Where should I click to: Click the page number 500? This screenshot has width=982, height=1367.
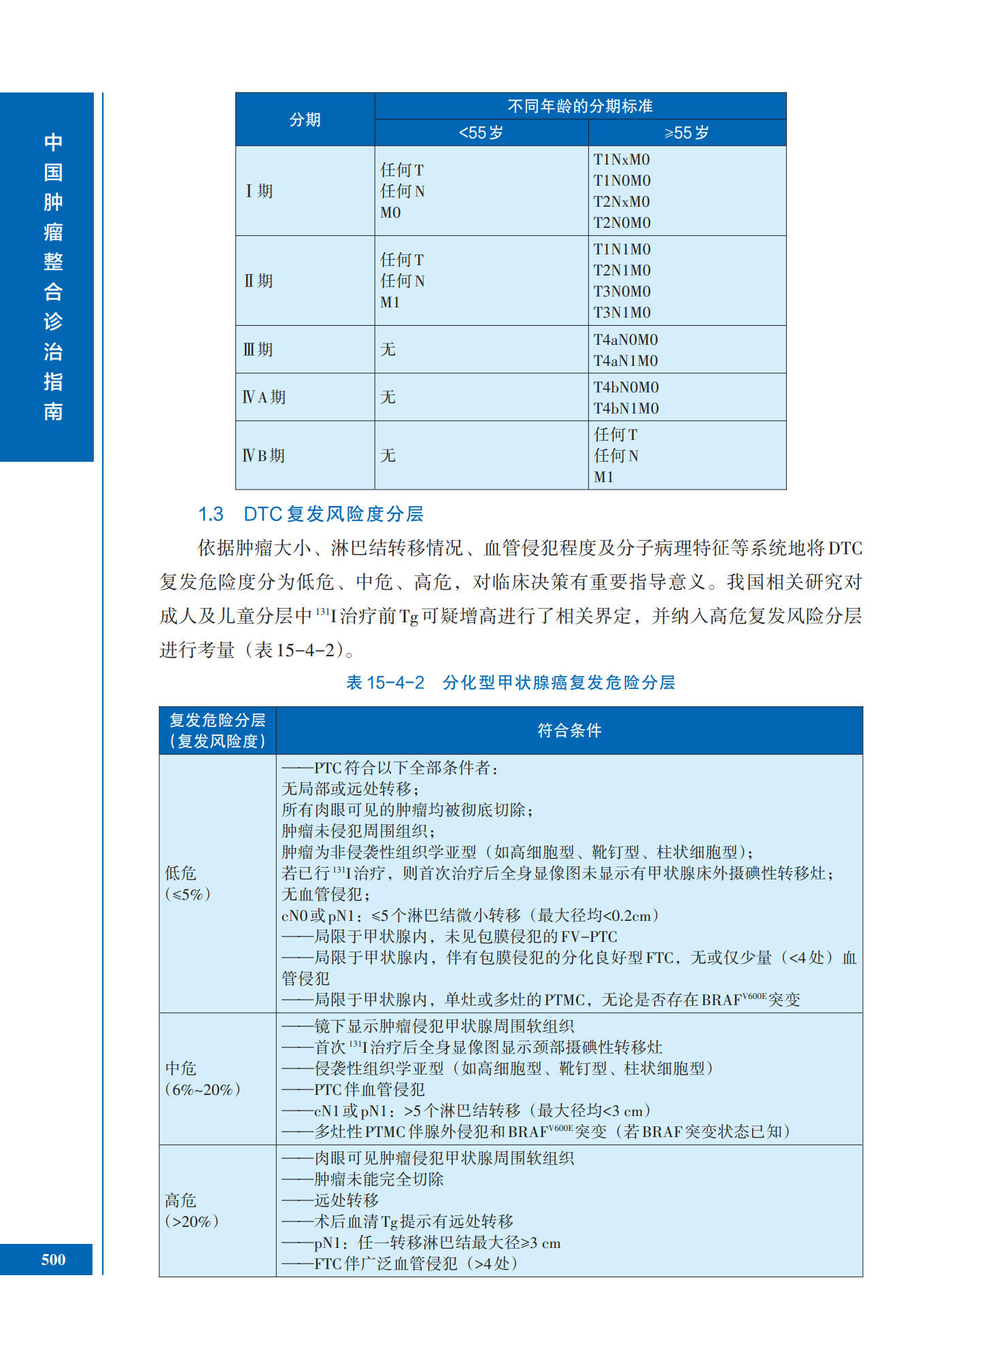[x=53, y=1260]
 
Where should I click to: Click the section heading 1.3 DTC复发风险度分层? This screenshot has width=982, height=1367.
[x=310, y=514]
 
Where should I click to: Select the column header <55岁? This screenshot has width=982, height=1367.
[x=481, y=133]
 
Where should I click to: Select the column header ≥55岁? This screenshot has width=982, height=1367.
[x=686, y=133]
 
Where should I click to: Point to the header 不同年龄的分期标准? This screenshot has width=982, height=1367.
[x=579, y=106]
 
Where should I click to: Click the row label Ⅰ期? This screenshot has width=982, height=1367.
[x=259, y=191]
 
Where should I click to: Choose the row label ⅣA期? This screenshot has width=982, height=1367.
[x=264, y=397]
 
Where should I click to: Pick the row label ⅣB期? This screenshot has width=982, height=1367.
[x=264, y=456]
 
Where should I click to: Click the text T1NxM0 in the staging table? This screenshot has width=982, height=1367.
[x=622, y=160]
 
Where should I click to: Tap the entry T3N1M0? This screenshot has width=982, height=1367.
[x=622, y=313]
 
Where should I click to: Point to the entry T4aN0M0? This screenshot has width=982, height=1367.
[x=625, y=339]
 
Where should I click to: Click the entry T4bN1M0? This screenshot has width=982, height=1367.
[x=626, y=409]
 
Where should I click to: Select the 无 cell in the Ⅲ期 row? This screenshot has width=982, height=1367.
[x=388, y=350]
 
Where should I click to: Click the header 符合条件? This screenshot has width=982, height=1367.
[x=569, y=730]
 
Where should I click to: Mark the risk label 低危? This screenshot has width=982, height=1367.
[x=180, y=873]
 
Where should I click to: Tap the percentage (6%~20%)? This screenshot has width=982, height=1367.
[x=203, y=1090]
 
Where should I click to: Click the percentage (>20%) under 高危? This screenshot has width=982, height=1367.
[x=192, y=1221]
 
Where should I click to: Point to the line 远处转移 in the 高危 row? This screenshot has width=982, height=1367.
[x=346, y=1200]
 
